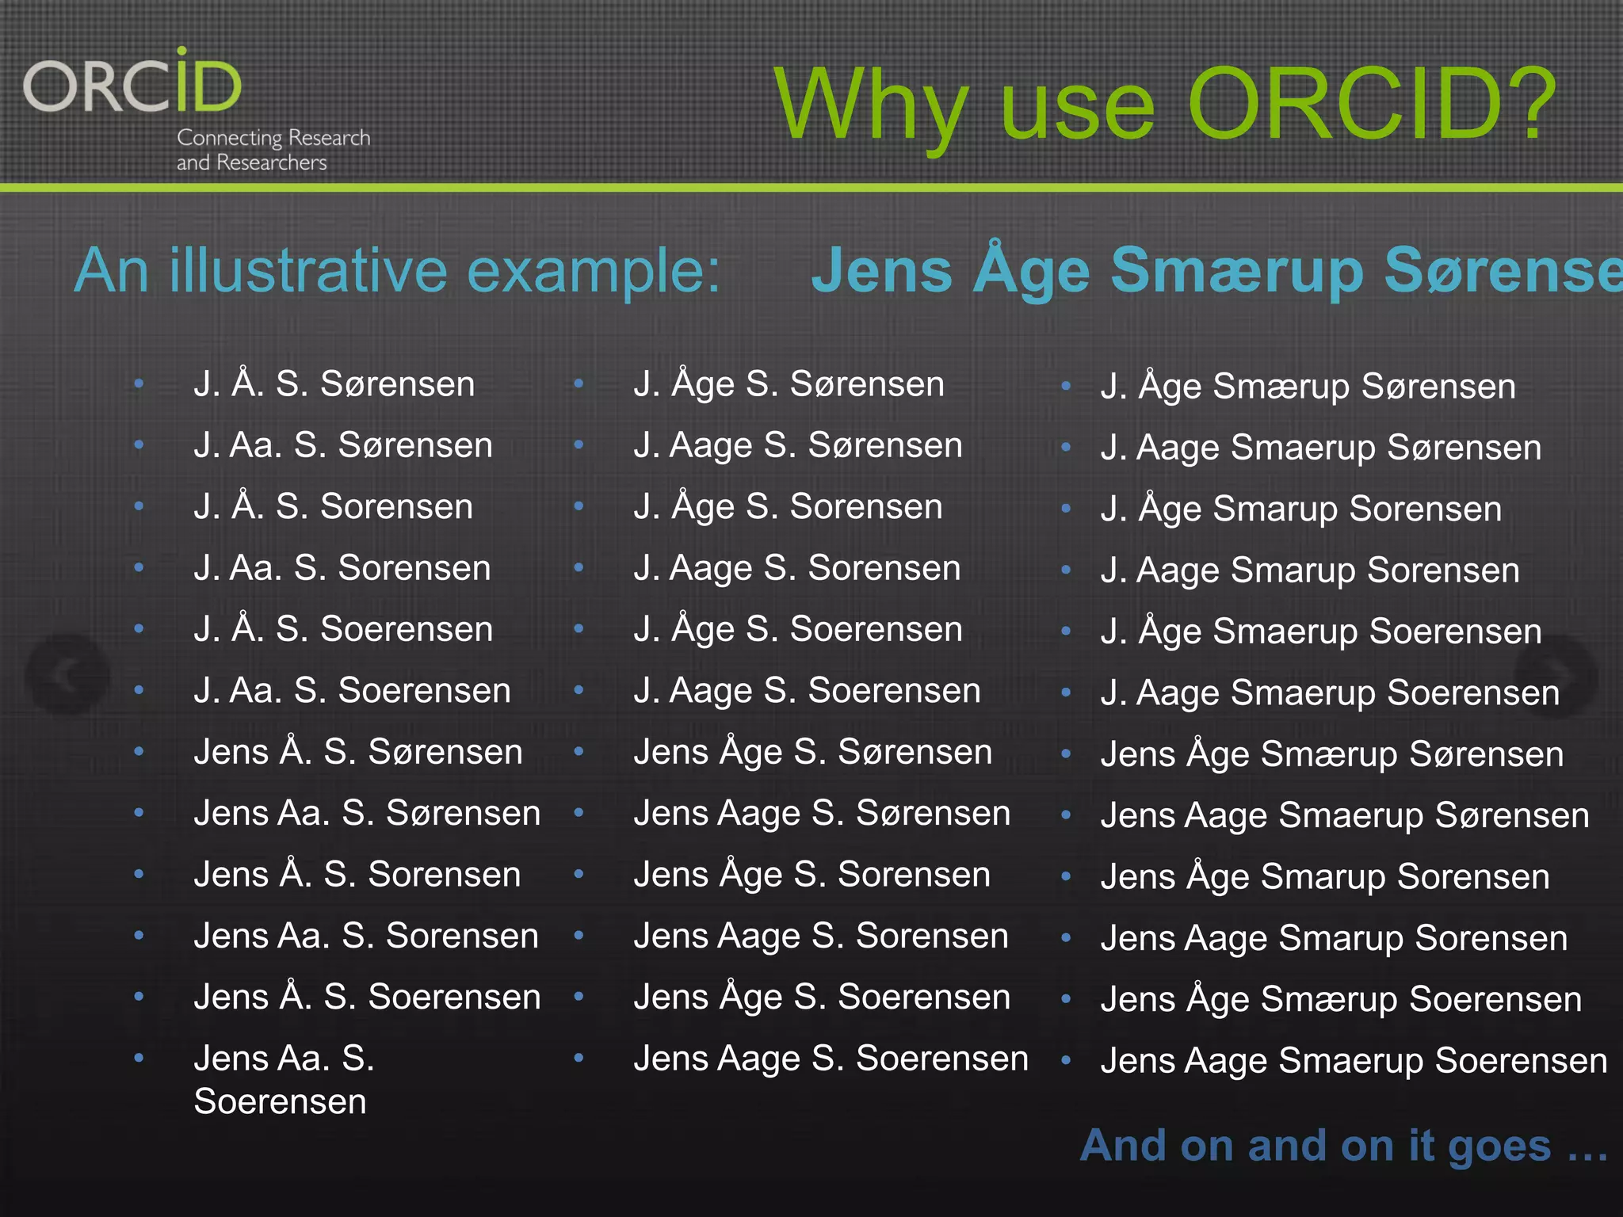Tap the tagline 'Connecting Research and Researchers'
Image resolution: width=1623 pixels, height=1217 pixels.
(x=273, y=150)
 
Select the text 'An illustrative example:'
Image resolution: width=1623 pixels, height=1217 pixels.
(x=397, y=271)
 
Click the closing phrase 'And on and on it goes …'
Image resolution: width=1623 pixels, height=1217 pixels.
(x=1344, y=1146)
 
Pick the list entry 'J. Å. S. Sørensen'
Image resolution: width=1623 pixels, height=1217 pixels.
(x=334, y=384)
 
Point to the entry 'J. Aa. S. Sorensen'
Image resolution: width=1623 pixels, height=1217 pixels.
(x=342, y=568)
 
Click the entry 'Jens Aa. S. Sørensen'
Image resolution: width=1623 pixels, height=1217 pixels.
(x=366, y=814)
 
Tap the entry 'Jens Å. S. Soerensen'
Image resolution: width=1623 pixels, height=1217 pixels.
(x=366, y=998)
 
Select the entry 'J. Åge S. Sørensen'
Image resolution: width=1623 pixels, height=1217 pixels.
(x=789, y=384)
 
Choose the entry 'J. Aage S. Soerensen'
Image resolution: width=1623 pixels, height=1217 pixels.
(x=807, y=691)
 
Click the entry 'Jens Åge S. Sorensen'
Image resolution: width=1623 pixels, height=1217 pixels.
(x=811, y=875)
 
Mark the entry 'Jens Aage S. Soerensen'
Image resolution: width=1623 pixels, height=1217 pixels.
(x=831, y=1059)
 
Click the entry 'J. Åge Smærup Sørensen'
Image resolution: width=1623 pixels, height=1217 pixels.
(x=1308, y=387)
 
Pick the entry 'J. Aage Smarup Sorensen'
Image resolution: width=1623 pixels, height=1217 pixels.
(x=1310, y=570)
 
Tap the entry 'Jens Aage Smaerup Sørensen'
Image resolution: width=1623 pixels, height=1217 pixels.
(x=1345, y=816)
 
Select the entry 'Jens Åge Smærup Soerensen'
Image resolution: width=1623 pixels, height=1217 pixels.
(x=1341, y=1000)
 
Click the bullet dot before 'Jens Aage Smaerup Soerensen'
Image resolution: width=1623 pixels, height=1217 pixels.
(x=1066, y=1060)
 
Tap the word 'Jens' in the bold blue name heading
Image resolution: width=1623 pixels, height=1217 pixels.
(x=880, y=271)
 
